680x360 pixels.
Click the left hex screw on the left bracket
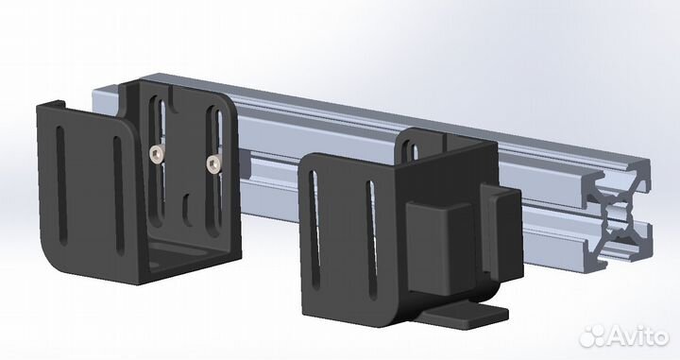(x=156, y=153)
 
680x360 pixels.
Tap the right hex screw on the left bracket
(x=212, y=164)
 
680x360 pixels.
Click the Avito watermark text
(x=637, y=336)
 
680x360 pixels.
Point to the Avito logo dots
(x=592, y=335)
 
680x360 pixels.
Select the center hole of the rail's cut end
(x=618, y=214)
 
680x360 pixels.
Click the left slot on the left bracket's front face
(x=61, y=185)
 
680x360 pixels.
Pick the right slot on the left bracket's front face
(x=118, y=195)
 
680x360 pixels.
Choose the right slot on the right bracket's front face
(x=372, y=240)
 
